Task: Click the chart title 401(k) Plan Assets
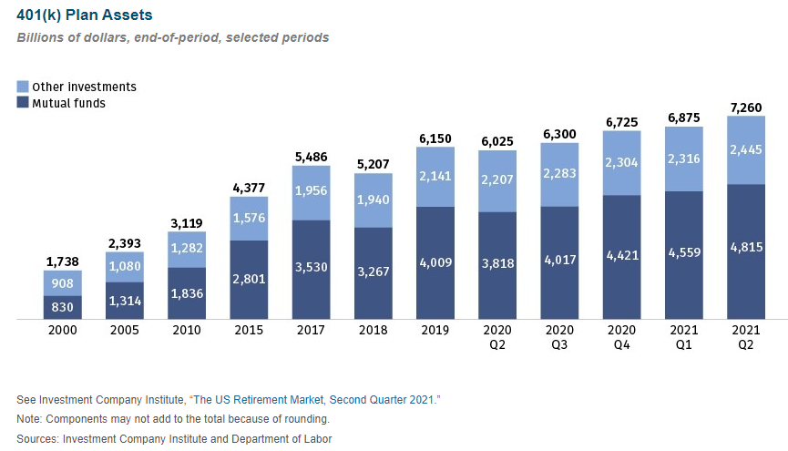[85, 15]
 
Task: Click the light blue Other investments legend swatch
[23, 87]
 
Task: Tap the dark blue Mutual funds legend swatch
[23, 103]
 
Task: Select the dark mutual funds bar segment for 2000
[62, 307]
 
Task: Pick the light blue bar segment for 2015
[249, 218]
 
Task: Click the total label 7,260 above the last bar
[746, 108]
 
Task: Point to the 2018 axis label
[373, 331]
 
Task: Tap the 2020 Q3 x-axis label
[559, 337]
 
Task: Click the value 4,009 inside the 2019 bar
[435, 262]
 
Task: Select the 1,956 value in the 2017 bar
[311, 191]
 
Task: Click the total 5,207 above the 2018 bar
[373, 164]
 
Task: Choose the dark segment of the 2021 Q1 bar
[683, 255]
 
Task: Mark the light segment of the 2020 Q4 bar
[621, 163]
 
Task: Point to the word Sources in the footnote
[37, 439]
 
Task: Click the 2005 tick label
[125, 331]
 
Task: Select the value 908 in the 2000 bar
[62, 283]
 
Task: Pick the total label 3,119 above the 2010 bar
[187, 223]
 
